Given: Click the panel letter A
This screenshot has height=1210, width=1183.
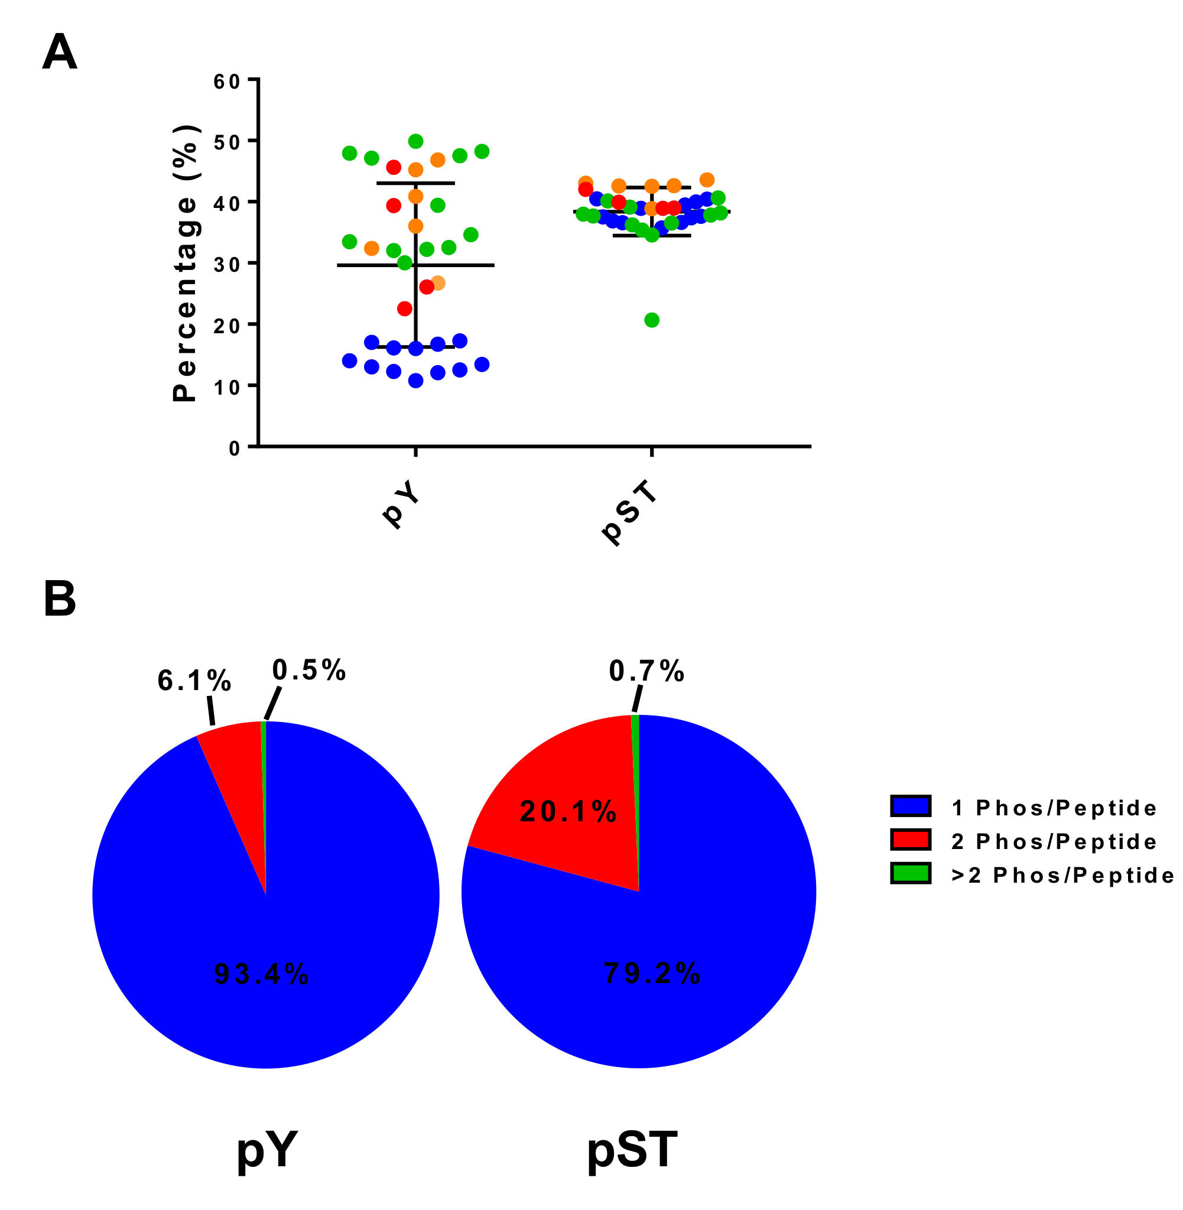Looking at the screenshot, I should click(x=60, y=52).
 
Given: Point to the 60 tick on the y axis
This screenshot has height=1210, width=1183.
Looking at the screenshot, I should click(x=227, y=82).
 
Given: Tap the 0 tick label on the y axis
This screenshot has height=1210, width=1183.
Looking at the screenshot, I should click(x=234, y=448).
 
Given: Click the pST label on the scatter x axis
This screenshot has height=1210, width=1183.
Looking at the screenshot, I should click(x=629, y=512).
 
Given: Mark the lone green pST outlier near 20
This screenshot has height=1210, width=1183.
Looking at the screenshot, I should click(x=652, y=320).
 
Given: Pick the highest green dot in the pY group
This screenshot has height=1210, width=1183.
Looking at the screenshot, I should click(x=415, y=142).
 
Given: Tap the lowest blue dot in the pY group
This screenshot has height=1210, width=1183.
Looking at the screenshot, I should click(x=415, y=380).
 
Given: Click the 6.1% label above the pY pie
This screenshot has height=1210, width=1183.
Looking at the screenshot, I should click(x=194, y=681).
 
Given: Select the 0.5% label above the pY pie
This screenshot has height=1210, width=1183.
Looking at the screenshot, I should click(x=309, y=670).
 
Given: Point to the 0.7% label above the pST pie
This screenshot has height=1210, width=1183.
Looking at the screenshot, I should click(x=646, y=671).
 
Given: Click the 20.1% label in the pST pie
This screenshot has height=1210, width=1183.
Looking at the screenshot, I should click(x=568, y=812).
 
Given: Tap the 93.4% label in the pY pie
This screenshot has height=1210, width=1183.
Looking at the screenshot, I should click(x=261, y=974).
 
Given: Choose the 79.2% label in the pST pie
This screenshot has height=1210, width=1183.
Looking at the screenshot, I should click(x=652, y=973).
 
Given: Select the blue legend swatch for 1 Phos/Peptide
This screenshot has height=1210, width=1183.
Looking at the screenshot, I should click(x=910, y=806).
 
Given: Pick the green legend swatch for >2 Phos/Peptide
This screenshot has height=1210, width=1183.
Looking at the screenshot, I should click(x=910, y=873).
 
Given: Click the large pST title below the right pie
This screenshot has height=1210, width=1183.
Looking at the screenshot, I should click(x=632, y=1149).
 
